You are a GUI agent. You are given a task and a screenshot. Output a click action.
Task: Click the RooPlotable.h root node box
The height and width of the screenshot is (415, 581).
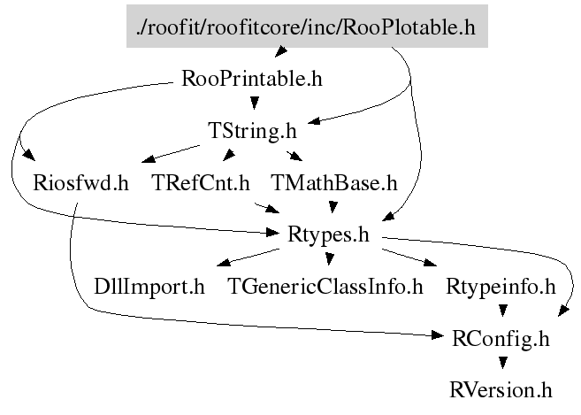click(306, 27)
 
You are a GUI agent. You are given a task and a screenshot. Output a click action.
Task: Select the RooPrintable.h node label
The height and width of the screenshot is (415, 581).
click(251, 79)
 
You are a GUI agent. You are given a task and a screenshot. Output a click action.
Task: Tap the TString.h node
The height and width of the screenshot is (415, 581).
click(251, 131)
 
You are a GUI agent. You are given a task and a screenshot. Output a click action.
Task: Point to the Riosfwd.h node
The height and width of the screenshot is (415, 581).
click(80, 183)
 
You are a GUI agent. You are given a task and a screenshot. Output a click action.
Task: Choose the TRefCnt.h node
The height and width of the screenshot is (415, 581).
click(201, 183)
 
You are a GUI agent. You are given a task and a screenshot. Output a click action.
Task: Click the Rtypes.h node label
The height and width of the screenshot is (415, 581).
click(328, 235)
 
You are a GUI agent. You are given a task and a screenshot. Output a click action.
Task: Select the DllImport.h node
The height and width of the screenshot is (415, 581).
click(149, 287)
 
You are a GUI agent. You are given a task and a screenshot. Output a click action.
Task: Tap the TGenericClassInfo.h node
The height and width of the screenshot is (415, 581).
click(325, 287)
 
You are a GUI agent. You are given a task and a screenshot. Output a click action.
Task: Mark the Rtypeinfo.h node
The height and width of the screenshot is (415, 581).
click(500, 287)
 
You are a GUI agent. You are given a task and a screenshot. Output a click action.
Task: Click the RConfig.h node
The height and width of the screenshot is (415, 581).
click(500, 338)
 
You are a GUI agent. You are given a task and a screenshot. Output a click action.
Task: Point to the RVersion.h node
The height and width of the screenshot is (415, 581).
click(500, 389)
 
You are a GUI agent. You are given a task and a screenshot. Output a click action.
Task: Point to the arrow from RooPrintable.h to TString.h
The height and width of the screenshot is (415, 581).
click(251, 104)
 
